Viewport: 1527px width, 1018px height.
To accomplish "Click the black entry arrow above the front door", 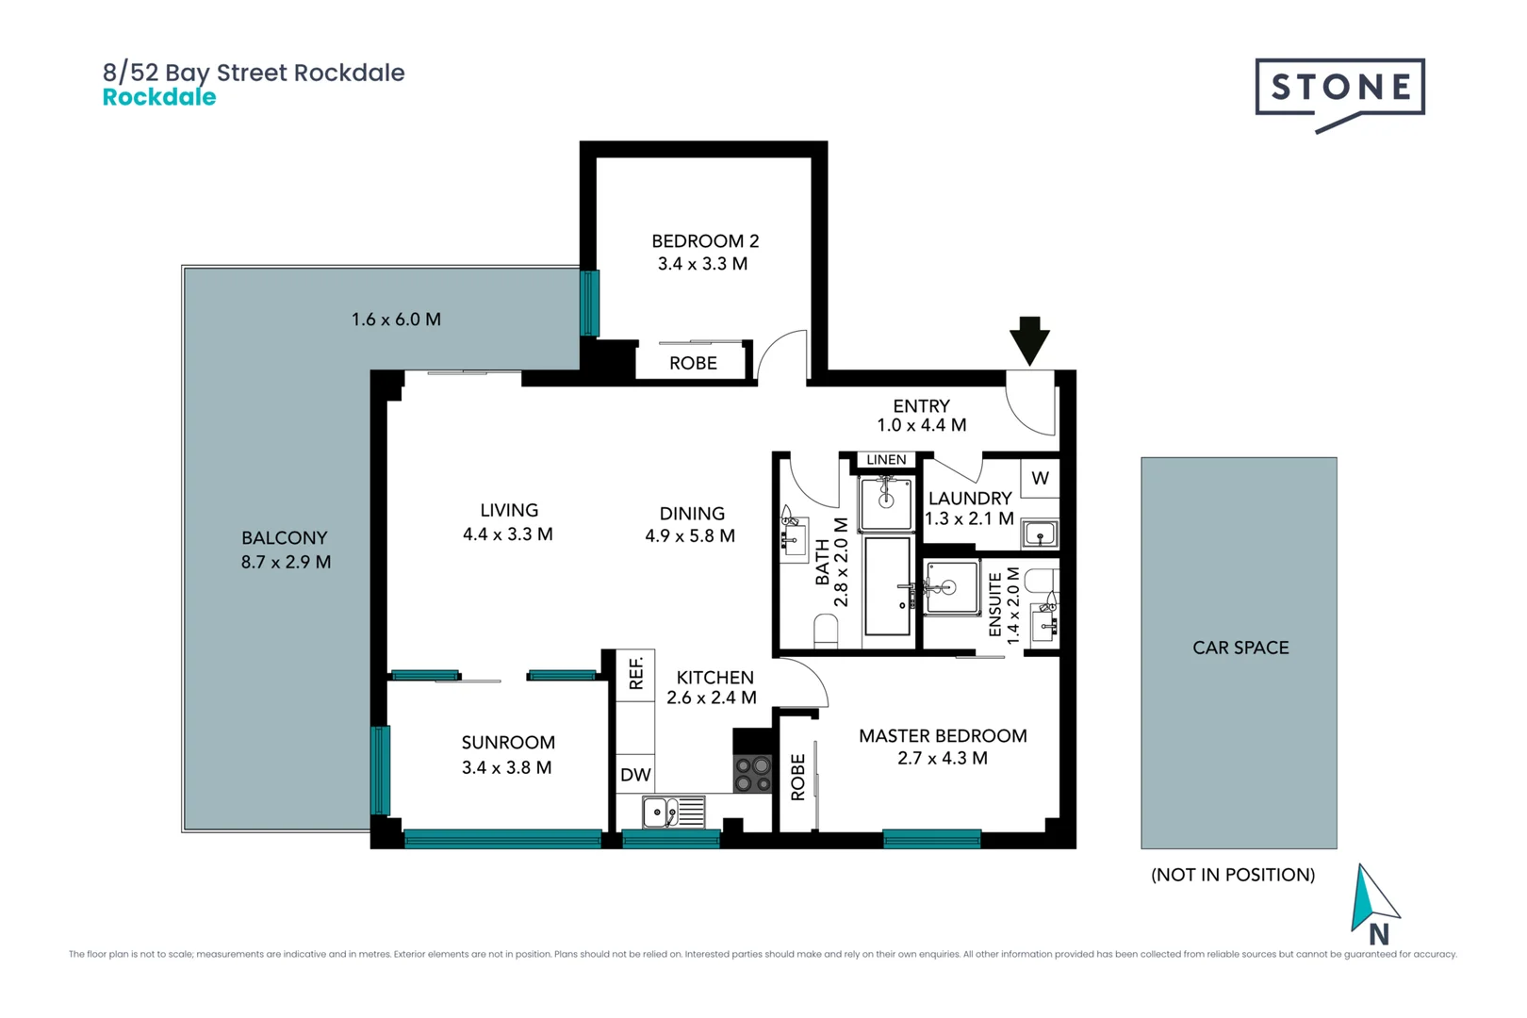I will (x=1029, y=339).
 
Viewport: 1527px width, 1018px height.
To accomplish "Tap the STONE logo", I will (x=1339, y=89).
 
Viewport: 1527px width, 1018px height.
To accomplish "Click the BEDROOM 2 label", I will (x=705, y=241).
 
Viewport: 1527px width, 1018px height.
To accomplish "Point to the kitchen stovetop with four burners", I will (x=752, y=774).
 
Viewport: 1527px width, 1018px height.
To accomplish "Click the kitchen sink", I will (x=673, y=812).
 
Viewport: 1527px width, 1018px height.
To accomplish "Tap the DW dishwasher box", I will (x=635, y=775).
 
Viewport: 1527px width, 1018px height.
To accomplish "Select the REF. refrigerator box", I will (x=636, y=674).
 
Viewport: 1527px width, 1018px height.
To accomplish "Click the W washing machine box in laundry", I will (x=1040, y=478).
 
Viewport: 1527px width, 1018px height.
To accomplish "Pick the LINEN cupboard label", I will (x=886, y=460).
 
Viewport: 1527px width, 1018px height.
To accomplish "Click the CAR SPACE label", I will (x=1240, y=648).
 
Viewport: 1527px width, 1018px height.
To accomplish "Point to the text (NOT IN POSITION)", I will (x=1232, y=875).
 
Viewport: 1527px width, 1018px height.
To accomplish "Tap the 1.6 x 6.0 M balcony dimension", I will (x=396, y=320).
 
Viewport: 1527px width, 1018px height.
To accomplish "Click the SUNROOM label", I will (x=508, y=743).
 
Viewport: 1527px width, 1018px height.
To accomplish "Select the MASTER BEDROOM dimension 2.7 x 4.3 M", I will (x=942, y=758).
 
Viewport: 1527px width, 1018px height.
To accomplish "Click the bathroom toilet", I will (x=826, y=630).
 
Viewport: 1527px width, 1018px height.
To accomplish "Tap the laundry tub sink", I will (x=1040, y=534).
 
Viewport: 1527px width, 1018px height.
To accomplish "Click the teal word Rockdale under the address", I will (x=159, y=97).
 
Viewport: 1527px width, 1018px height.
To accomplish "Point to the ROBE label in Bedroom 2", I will (x=693, y=363).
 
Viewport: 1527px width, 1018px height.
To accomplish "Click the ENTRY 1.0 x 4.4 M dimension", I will (x=921, y=425).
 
